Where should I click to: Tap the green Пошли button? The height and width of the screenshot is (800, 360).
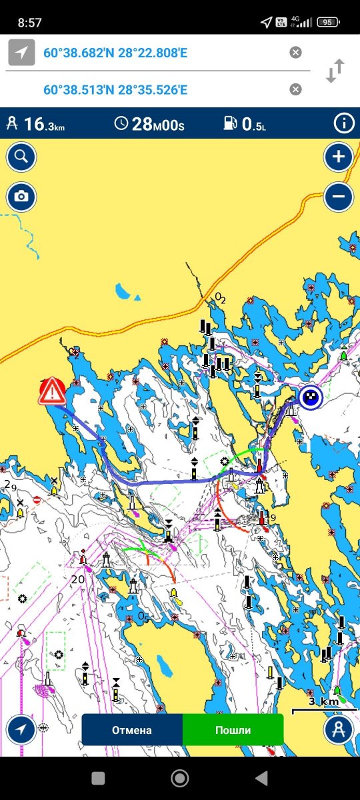[x=233, y=730]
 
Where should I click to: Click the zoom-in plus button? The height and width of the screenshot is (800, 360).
[x=339, y=157]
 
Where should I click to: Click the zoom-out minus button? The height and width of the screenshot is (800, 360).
[x=339, y=197]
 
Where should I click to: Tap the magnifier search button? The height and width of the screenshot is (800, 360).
[x=21, y=157]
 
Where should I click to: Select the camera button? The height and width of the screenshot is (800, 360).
[x=21, y=197]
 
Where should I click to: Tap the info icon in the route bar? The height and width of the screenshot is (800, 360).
[x=344, y=123]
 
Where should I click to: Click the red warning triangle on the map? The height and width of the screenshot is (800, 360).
[x=52, y=391]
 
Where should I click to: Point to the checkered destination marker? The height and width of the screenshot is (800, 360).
[x=310, y=398]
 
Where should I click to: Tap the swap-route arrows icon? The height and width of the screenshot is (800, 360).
[x=335, y=71]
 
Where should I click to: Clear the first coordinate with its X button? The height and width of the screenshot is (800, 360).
[x=295, y=53]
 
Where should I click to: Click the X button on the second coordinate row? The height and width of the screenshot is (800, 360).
[x=295, y=89]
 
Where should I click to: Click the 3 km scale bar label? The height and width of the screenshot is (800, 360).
[x=323, y=701]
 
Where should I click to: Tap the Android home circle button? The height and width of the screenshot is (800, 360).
[x=179, y=778]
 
